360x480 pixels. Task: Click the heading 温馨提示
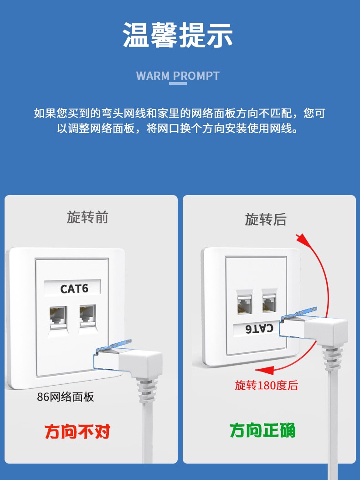(178, 36)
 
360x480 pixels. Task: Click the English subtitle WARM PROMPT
(178, 76)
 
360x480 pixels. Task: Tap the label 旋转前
(87, 217)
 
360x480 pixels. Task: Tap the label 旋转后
(266, 219)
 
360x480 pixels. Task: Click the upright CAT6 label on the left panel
(74, 289)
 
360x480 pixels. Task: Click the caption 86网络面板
(66, 397)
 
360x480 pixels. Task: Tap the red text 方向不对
(77, 431)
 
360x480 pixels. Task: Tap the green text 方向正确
(262, 430)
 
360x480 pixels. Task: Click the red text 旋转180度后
(266, 385)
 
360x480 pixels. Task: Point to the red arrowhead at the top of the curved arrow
(300, 238)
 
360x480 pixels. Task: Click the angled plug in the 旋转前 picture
(132, 360)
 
